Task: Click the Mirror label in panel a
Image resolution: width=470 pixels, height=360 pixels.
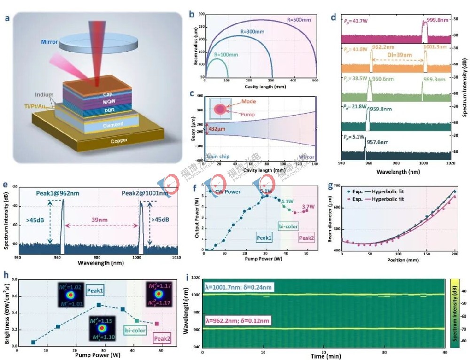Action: [x=49, y=42]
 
